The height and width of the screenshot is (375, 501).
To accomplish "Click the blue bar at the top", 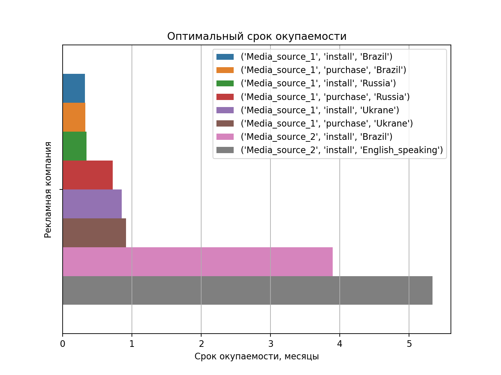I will pyautogui.click(x=74, y=88).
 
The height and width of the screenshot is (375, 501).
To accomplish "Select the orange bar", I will pyautogui.click(x=74, y=117).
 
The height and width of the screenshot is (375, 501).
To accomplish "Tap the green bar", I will pyautogui.click(x=75, y=146).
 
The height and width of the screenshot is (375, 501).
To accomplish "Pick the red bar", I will pyautogui.click(x=88, y=175).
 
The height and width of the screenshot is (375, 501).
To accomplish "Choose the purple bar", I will pyautogui.click(x=92, y=204).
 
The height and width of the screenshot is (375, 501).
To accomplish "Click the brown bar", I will pyautogui.click(x=94, y=233).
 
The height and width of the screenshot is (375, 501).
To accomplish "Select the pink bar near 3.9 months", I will pyautogui.click(x=198, y=262).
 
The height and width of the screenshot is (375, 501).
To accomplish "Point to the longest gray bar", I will pyautogui.click(x=247, y=291).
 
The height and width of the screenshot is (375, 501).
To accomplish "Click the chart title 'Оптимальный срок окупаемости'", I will pyautogui.click(x=257, y=36).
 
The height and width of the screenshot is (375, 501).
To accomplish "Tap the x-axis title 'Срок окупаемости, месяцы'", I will pyautogui.click(x=257, y=357).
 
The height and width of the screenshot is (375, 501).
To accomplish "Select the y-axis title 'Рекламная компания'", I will pyautogui.click(x=48, y=190).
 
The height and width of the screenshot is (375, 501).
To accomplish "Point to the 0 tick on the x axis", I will pyautogui.click(x=63, y=344).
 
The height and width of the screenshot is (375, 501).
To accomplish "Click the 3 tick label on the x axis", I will pyautogui.click(x=270, y=344).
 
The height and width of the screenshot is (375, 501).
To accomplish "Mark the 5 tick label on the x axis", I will pyautogui.click(x=409, y=344).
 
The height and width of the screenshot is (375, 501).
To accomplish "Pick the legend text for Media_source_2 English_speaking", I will pyautogui.click(x=342, y=150).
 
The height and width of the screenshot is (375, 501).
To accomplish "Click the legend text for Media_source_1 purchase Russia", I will pyautogui.click(x=325, y=97).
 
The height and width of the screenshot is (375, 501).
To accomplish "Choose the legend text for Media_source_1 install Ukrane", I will pyautogui.click(x=320, y=110).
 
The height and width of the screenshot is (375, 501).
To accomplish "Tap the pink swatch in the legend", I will pyautogui.click(x=225, y=137).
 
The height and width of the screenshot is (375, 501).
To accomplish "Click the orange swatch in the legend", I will pyautogui.click(x=225, y=70).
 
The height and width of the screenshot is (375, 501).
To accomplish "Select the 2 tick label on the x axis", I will pyautogui.click(x=201, y=344).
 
